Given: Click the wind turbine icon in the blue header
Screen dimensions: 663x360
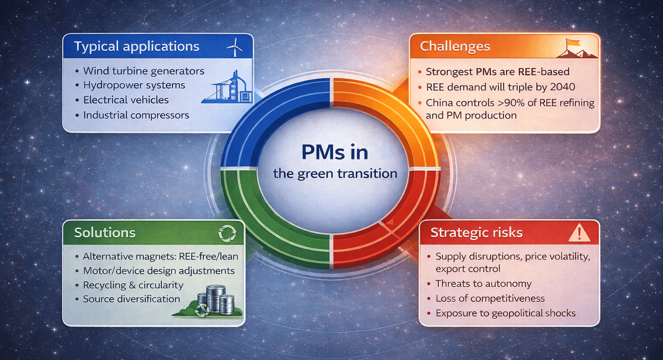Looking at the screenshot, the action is (235, 47).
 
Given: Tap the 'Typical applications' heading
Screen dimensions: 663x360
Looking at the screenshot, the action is (137, 46).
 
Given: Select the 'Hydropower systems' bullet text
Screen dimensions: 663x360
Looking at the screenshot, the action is (134, 85).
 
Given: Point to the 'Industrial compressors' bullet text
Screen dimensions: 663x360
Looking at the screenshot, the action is (136, 115).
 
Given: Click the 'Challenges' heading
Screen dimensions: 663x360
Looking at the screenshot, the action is (455, 46).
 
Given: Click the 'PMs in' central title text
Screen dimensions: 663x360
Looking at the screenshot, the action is (335, 152).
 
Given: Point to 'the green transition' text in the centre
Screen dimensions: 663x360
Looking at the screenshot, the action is (335, 174).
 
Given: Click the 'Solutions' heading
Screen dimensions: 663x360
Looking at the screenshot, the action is (105, 232).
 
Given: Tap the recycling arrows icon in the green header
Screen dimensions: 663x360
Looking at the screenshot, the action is (227, 233).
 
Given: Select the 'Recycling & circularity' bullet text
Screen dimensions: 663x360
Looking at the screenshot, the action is (133, 286).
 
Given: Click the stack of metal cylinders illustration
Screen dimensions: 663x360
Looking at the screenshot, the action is (215, 300).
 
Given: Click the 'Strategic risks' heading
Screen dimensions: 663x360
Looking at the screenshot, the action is (477, 232).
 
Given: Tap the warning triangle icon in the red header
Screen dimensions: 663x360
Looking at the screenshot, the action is (579, 233).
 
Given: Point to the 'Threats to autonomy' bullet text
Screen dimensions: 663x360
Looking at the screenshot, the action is (484, 284).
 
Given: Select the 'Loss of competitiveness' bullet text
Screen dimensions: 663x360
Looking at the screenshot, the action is (490, 299).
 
